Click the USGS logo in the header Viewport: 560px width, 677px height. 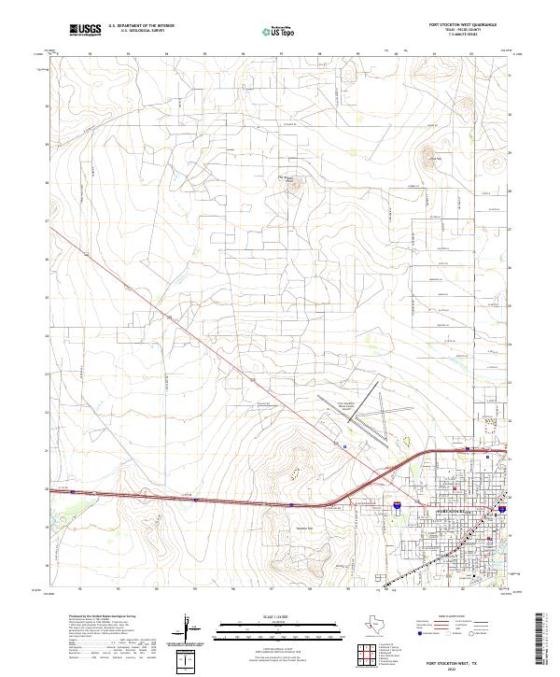[x=85, y=29]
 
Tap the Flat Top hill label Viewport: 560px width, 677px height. [x=433, y=159]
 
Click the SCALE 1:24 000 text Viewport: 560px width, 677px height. [x=280, y=613]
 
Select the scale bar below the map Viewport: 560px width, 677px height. [x=280, y=622]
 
